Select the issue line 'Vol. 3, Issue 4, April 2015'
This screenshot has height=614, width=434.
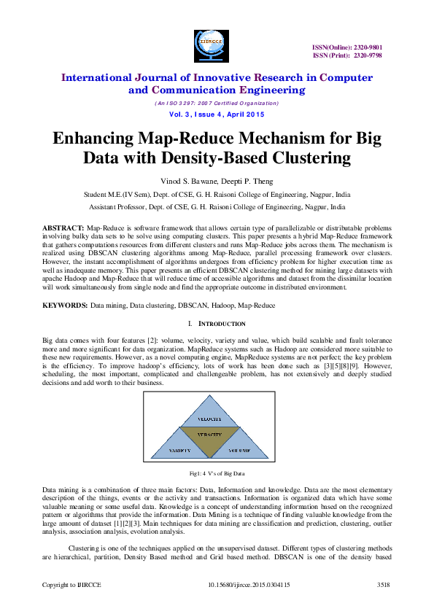pyautogui.click(x=217, y=114)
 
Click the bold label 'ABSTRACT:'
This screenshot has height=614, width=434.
pyautogui.click(x=63, y=228)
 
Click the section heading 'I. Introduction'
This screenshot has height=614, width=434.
pyautogui.click(x=217, y=323)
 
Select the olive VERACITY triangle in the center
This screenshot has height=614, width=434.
pyautogui.click(x=209, y=436)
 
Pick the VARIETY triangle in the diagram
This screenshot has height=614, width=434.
pyautogui.click(x=180, y=451)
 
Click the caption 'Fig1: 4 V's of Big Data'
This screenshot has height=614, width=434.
pyautogui.click(x=217, y=473)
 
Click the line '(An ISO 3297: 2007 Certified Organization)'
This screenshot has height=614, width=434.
pyautogui.click(x=217, y=103)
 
